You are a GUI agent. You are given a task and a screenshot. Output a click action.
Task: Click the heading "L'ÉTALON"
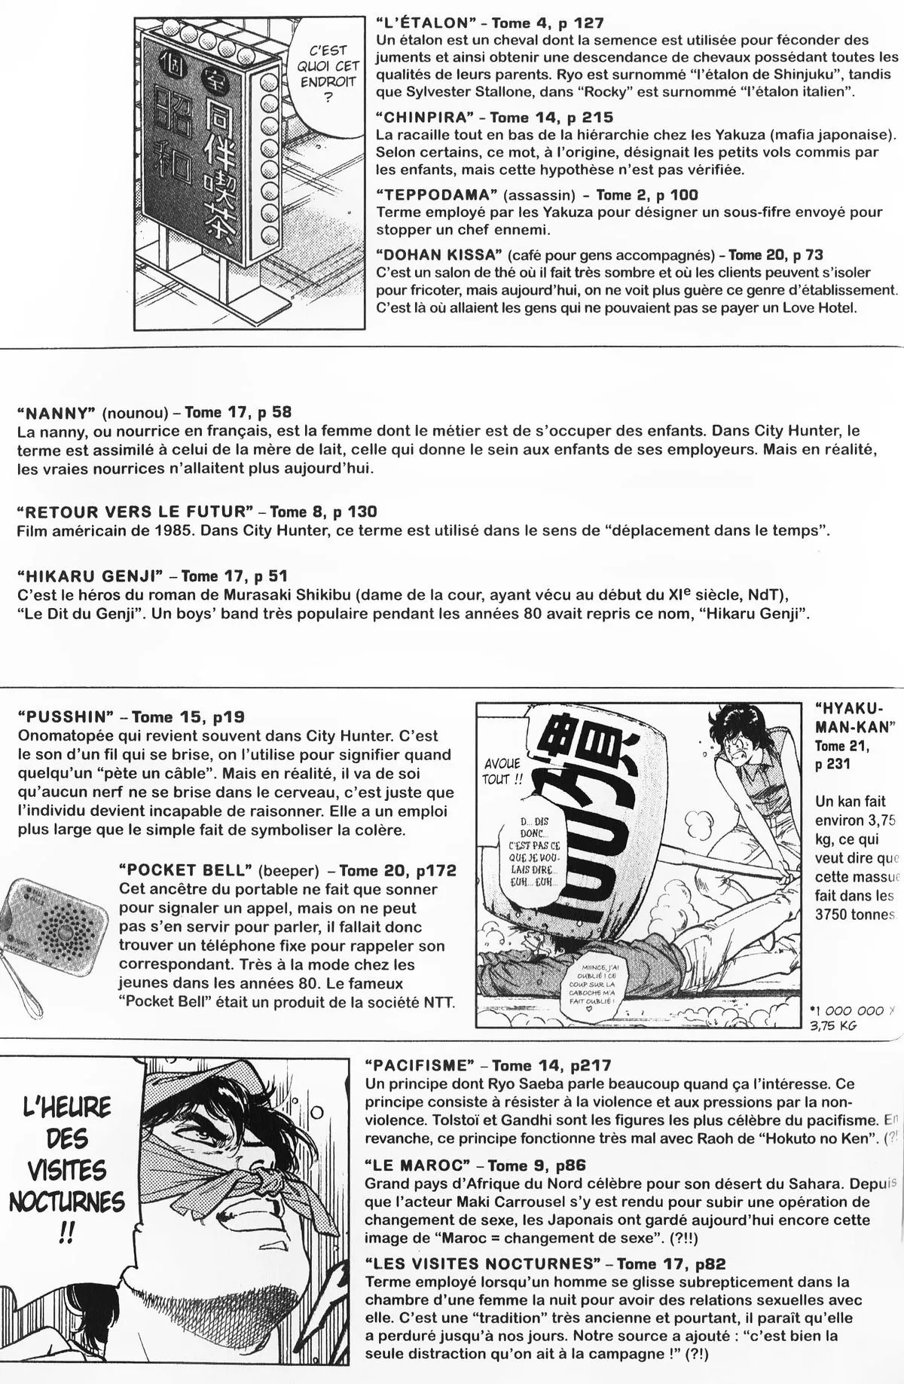point(422,23)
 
